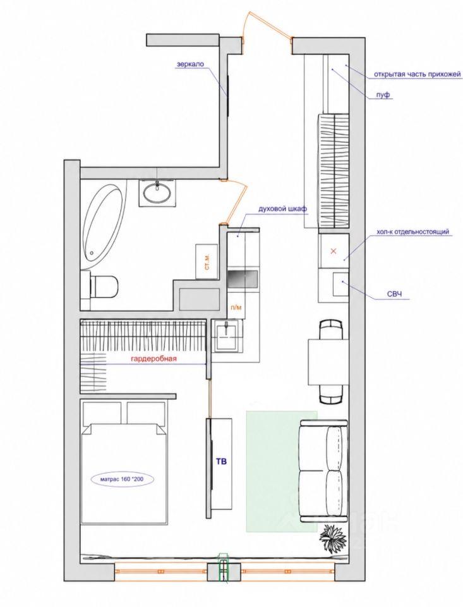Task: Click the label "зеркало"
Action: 190,64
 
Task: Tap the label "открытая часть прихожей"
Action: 418,73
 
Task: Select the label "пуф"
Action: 383,95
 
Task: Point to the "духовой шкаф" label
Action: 283,209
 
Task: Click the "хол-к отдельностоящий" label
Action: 412,232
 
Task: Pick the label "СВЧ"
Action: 395,295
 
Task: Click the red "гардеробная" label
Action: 153,359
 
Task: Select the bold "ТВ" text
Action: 222,461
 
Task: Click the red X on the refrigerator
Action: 334,250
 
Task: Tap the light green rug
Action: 281,470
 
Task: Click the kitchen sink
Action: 228,336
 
